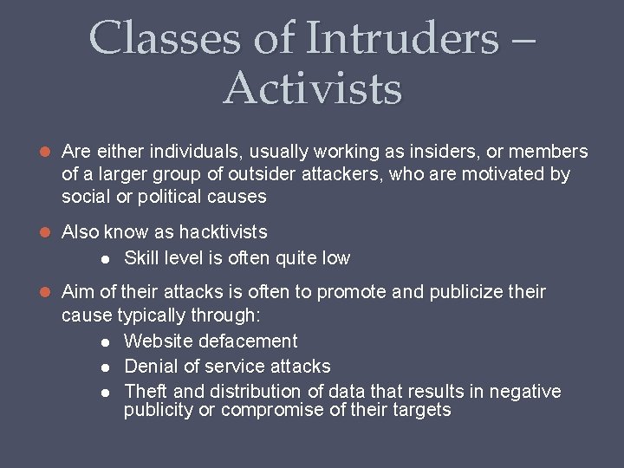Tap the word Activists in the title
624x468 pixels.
coord(313,88)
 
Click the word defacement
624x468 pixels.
coord(248,341)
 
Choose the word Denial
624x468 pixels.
coord(148,367)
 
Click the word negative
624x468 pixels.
coord(525,392)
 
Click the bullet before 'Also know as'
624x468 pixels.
coord(47,232)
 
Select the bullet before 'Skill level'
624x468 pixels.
coord(104,258)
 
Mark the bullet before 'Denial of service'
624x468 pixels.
coord(104,367)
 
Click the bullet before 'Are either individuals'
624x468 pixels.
coord(47,153)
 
